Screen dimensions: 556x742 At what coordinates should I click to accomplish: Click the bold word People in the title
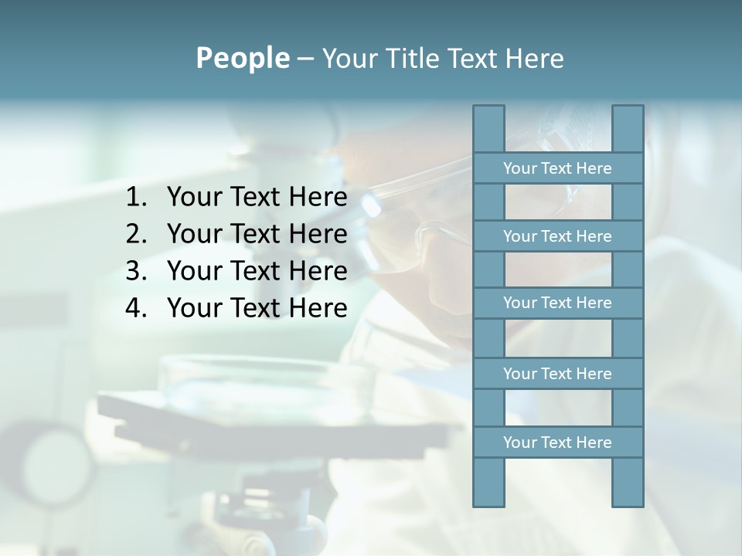pos(242,58)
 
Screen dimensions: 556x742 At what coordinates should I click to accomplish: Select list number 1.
pos(136,198)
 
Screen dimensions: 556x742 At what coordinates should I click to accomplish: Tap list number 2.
pos(136,234)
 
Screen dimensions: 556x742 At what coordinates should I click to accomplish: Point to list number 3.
pos(136,271)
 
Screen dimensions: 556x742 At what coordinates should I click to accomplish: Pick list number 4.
pos(136,308)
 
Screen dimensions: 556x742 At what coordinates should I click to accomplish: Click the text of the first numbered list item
pos(257,198)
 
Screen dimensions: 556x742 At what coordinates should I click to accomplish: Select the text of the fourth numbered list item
pos(257,308)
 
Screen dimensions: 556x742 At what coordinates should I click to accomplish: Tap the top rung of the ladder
pos(557,168)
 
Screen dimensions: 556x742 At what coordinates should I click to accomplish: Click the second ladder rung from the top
pos(557,236)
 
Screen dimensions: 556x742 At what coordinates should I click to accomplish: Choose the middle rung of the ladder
pos(557,303)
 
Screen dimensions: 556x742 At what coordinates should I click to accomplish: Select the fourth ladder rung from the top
pos(557,374)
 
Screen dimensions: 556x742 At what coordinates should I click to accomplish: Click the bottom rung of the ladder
pos(557,442)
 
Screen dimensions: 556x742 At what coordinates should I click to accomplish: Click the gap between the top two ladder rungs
pos(557,202)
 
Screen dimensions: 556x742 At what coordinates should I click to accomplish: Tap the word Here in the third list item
pos(318,271)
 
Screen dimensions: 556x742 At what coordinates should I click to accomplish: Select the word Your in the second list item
pos(194,234)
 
